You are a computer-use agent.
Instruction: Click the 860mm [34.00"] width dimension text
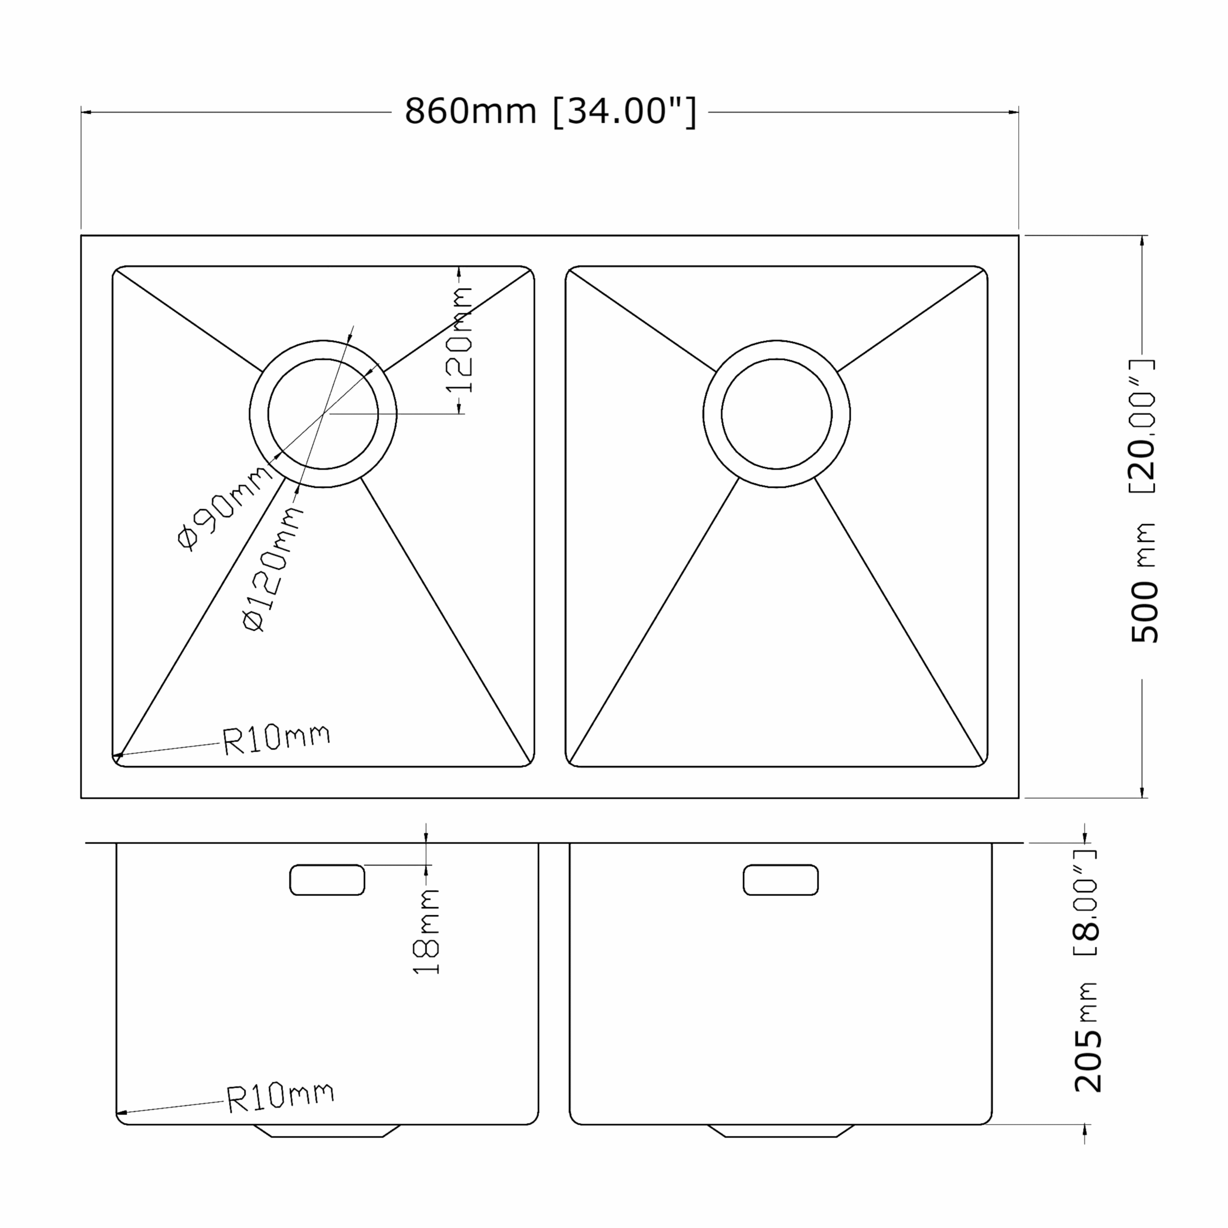click(x=550, y=112)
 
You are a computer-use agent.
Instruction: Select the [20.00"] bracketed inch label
click(x=1142, y=426)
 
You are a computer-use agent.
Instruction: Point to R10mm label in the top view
click(x=276, y=739)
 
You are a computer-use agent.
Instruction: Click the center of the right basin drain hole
click(x=776, y=414)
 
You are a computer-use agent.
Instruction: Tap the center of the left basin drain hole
click(x=323, y=414)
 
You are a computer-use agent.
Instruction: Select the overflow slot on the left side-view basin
click(x=327, y=880)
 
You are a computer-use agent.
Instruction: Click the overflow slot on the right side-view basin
click(x=780, y=880)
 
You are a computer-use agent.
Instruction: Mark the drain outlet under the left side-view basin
click(x=327, y=1131)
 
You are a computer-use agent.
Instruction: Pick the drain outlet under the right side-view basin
click(x=780, y=1131)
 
